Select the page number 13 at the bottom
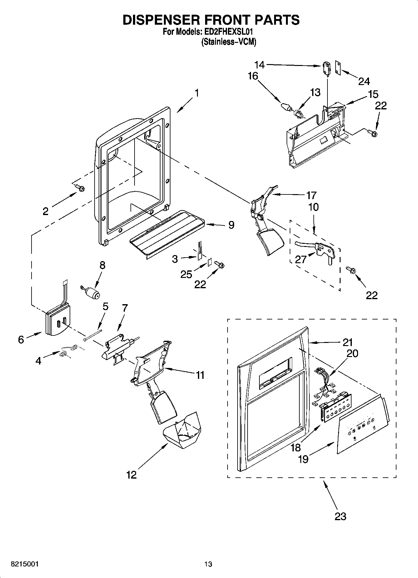click(208, 564)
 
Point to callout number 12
click(131, 475)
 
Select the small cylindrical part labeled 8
click(91, 293)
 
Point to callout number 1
click(197, 93)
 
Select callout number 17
click(311, 195)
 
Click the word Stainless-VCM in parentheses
click(229, 42)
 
